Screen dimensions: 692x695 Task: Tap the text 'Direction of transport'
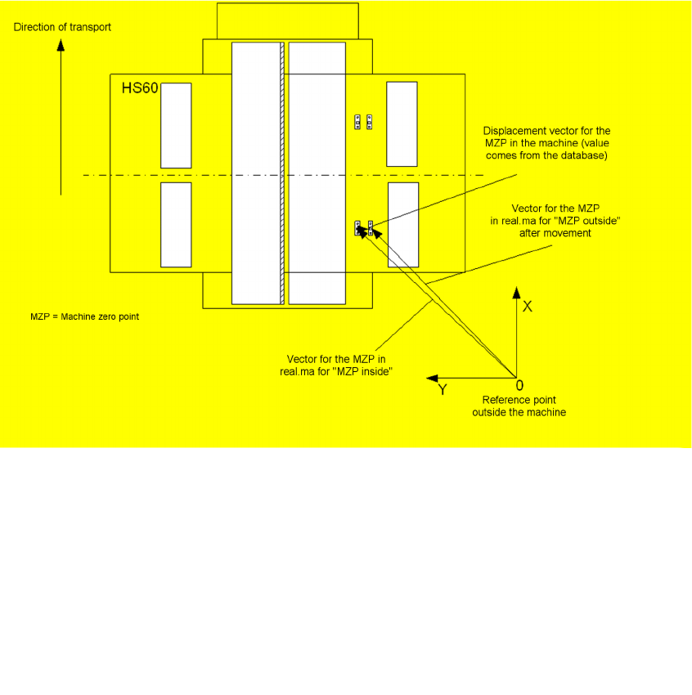coord(62,27)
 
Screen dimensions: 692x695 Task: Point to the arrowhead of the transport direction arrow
coord(61,46)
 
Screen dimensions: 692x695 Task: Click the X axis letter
coord(528,307)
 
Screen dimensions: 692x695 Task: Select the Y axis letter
coord(443,391)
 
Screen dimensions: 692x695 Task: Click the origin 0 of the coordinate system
coord(519,384)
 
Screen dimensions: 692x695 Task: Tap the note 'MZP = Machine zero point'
coord(84,316)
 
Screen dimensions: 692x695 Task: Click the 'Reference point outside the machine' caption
coord(519,406)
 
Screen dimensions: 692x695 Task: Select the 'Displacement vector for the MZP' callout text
coord(546,143)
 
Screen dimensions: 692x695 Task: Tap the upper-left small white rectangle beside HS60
coord(176,125)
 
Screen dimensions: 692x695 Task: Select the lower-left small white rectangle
coord(176,225)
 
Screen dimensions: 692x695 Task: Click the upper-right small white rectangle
coord(402,123)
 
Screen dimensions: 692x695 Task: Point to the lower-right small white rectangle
coord(402,225)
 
